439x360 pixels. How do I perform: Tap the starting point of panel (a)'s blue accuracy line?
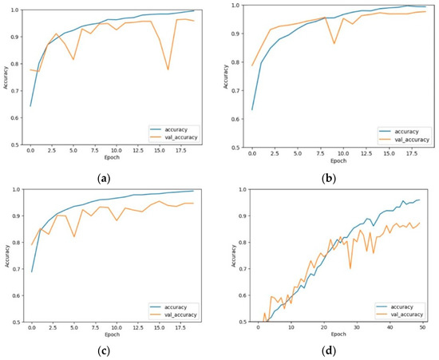click(x=30, y=105)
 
